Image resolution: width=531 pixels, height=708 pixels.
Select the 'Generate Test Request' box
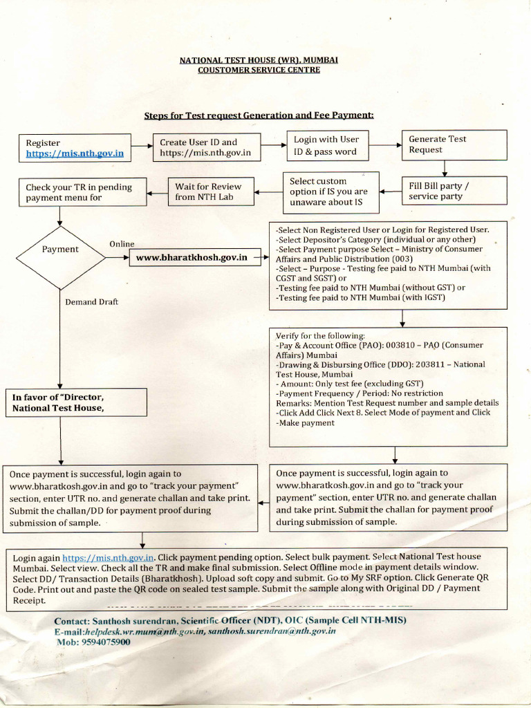pyautogui.click(x=454, y=145)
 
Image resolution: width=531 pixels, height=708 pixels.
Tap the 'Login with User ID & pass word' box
pyautogui.click(x=326, y=146)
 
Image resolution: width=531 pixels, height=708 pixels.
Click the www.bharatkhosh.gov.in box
pyautogui.click(x=192, y=258)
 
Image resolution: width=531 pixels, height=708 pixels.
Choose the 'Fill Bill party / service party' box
pyautogui.click(x=454, y=191)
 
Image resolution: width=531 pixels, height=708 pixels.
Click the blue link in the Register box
pyautogui.click(x=75, y=154)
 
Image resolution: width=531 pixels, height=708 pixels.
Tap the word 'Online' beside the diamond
pyautogui.click(x=122, y=244)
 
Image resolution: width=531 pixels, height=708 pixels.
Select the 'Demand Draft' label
pyautogui.click(x=91, y=302)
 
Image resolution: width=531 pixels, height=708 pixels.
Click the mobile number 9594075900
pyautogui.click(x=104, y=642)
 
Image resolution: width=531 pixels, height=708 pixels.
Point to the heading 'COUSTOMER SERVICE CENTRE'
pyautogui.click(x=259, y=71)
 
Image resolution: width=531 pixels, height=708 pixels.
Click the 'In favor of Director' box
pyautogui.click(x=76, y=402)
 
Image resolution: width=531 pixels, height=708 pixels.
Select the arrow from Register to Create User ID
pyautogui.click(x=142, y=147)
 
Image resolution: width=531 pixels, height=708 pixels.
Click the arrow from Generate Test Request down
pyautogui.click(x=445, y=167)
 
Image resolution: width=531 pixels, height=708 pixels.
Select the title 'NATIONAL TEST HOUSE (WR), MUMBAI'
pyautogui.click(x=259, y=60)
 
